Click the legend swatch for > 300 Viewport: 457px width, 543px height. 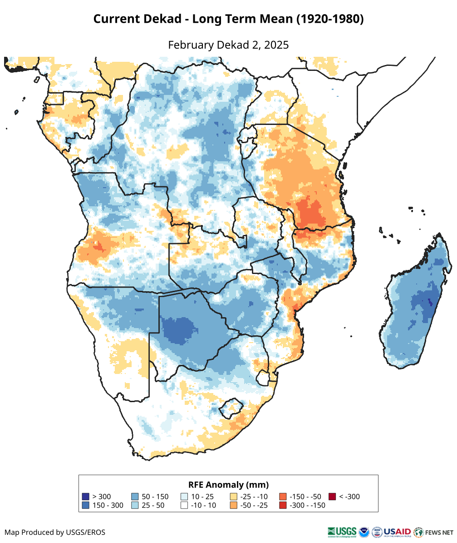(85, 497)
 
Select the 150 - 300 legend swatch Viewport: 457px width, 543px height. (85, 505)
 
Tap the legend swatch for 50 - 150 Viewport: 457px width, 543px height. (135, 497)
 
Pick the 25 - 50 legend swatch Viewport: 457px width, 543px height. (135, 505)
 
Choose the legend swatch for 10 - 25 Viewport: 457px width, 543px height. (184, 497)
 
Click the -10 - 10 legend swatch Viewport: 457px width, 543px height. (184, 505)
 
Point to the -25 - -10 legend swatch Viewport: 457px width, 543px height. (234, 497)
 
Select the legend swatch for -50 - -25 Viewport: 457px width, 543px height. (234, 505)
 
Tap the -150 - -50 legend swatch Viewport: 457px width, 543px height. (283, 497)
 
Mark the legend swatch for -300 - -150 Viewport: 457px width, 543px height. (283, 505)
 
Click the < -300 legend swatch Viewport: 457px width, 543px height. (332, 497)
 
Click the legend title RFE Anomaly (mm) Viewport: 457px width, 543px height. (228, 484)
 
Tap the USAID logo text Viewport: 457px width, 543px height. (397, 531)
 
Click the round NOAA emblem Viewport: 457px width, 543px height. (364, 532)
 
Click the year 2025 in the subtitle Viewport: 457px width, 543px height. (276, 45)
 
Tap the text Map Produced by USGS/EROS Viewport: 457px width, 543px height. (55, 532)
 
